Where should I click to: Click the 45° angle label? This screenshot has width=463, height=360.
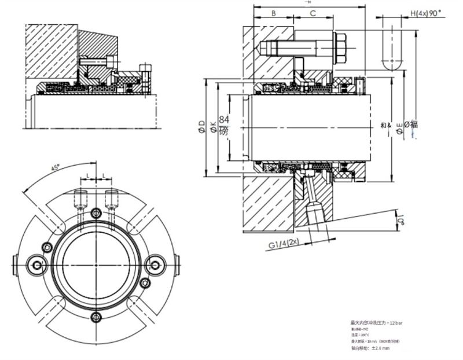(x=56, y=168)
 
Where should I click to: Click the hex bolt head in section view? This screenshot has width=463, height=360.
(x=340, y=46)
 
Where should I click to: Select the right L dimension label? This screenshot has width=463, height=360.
(x=104, y=174)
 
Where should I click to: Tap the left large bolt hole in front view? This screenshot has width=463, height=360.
(x=38, y=265)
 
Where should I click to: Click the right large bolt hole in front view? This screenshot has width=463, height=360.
(x=155, y=265)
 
